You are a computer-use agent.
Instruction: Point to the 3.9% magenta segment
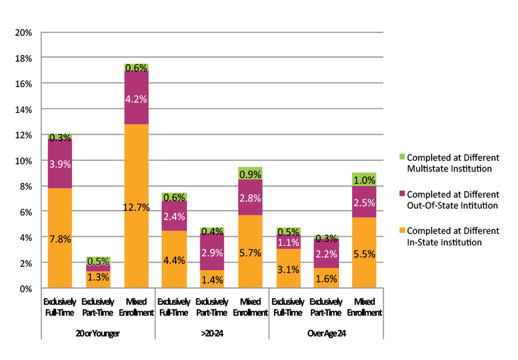tap(60, 164)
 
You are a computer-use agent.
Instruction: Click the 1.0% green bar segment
tap(364, 179)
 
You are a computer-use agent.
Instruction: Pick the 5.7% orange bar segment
tap(250, 251)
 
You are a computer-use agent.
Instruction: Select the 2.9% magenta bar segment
tap(212, 252)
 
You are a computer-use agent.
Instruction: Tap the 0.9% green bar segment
tap(250, 173)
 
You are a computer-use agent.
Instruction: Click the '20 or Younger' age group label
tap(98, 334)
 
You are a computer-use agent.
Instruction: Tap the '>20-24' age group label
tap(212, 334)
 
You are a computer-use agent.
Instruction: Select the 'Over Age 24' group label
tap(326, 334)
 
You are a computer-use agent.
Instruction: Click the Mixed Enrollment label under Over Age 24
tap(364, 307)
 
